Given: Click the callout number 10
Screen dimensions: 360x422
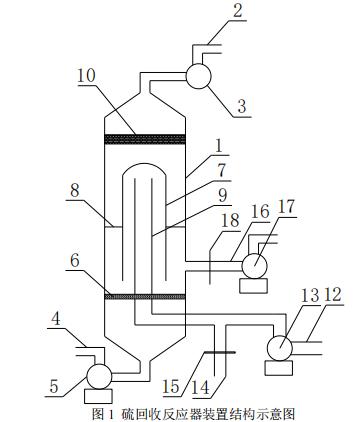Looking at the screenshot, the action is point(87,76).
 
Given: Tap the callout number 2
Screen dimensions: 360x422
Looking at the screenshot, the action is point(238,11).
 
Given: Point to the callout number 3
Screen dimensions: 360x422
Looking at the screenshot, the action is point(242,106).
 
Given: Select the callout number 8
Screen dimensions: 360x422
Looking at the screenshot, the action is point(75,191).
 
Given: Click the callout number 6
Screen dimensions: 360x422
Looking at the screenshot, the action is point(75,260).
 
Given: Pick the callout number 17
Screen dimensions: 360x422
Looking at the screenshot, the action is point(287,207).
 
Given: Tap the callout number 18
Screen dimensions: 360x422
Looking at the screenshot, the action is point(231,220).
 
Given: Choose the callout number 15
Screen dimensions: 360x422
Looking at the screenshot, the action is point(171,386).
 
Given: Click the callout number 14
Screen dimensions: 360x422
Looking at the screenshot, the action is point(201,388).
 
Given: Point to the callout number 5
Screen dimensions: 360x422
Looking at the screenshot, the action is point(54,387).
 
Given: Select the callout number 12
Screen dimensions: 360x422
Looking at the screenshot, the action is point(333,295).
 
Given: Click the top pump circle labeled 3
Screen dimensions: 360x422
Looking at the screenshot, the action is point(198,76).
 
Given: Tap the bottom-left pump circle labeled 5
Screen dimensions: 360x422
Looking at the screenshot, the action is point(99,376).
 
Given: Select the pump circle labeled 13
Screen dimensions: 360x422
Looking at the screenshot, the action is point(280,348).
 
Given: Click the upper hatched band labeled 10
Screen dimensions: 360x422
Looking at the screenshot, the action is point(145,139).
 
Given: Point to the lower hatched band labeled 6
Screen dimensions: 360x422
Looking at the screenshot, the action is point(145,296).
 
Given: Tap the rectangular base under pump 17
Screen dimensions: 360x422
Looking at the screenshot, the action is point(254,286).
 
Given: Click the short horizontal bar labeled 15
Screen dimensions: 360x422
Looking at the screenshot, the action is point(220,352).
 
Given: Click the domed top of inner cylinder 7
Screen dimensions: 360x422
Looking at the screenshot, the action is point(144,163).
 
